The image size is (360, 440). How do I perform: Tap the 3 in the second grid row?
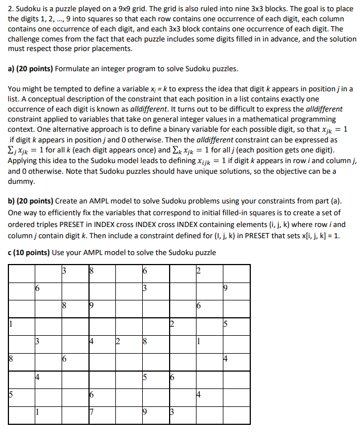[x=144, y=289]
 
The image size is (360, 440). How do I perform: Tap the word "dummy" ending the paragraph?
[x=21, y=182]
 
